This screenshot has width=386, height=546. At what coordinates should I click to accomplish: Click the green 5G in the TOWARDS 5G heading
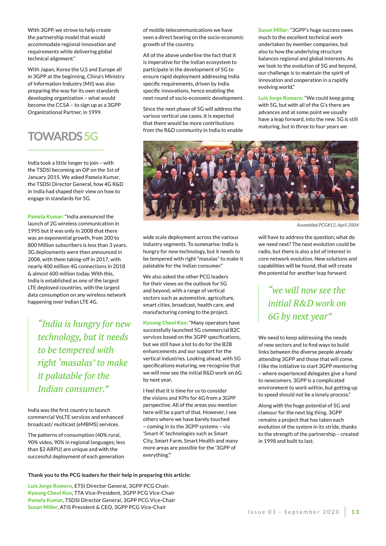point(91,136)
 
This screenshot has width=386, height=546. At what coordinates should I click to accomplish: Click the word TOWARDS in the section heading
point(55,136)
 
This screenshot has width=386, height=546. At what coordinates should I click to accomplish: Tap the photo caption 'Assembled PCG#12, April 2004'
point(327,225)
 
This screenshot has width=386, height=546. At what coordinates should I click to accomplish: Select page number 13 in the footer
point(355,512)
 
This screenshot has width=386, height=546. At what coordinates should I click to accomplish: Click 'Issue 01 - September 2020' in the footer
point(293,512)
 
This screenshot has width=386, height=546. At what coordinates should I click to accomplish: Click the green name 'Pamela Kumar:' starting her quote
point(46,217)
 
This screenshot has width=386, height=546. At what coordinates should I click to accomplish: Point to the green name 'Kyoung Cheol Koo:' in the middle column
point(165,323)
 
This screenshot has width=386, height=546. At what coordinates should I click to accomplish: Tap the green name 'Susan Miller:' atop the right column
point(273,30)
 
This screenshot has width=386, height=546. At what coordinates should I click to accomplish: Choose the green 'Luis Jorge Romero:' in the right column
point(281,98)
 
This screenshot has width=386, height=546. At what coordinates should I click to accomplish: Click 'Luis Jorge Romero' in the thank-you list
point(50,486)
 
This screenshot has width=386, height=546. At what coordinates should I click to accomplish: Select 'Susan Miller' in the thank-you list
point(43,507)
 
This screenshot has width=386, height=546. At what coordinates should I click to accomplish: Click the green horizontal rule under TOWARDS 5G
point(66,150)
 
